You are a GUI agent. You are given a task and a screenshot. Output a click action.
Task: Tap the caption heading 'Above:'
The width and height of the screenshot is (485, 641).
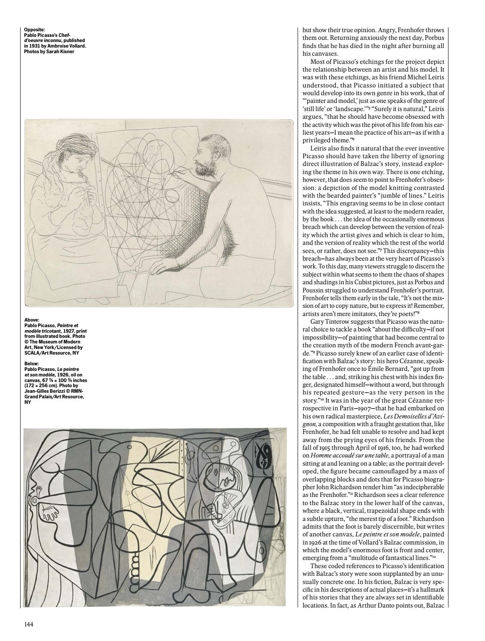tap(32, 319)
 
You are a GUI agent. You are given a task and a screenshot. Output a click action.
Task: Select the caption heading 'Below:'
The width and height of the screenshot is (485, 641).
tap(32, 364)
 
